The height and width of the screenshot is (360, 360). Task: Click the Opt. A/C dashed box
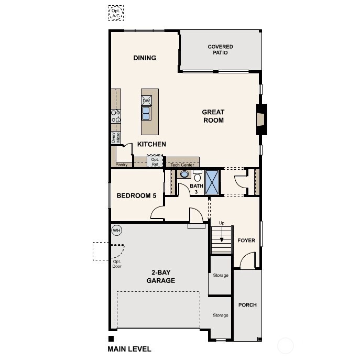click(x=115, y=14)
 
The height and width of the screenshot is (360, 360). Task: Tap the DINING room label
click(x=145, y=58)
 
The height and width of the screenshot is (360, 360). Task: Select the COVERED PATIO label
click(x=220, y=50)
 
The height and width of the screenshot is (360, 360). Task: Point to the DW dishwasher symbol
click(x=146, y=101)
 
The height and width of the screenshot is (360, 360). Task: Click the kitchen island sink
click(x=146, y=113)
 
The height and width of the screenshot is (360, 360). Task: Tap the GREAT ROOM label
click(x=213, y=116)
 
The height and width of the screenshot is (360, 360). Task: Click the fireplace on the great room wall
click(x=260, y=116)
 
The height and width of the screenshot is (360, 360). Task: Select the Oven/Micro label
click(x=115, y=138)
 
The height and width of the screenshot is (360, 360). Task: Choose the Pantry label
click(x=122, y=165)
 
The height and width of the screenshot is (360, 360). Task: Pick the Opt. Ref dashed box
click(x=155, y=161)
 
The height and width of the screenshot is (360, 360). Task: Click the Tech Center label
click(x=182, y=165)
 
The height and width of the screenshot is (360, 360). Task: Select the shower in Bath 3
click(x=212, y=182)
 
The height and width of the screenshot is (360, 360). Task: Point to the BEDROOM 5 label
click(x=136, y=196)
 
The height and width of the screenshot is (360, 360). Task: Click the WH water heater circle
click(x=116, y=230)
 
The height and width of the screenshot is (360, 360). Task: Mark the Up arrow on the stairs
click(x=222, y=234)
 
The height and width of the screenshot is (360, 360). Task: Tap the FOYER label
click(x=246, y=241)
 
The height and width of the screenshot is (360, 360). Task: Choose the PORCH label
click(x=247, y=305)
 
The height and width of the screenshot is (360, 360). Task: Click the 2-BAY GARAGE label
click(x=161, y=277)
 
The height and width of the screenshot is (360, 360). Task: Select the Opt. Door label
click(x=116, y=264)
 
